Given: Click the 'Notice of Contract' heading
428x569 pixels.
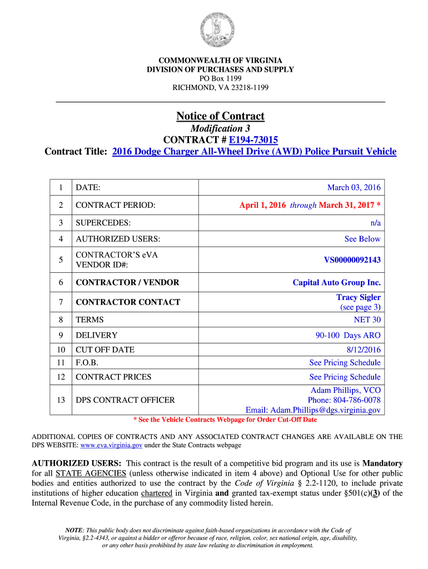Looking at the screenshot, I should click(x=220, y=116).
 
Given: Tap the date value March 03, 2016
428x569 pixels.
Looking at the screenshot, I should click(x=354, y=188).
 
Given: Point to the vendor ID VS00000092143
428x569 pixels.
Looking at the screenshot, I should click(x=352, y=259).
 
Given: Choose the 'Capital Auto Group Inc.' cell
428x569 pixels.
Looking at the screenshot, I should click(x=337, y=283).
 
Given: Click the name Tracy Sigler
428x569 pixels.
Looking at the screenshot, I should click(x=358, y=297).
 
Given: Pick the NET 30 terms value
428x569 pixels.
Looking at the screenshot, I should click(x=367, y=320).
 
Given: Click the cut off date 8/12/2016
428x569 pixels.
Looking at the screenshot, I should click(x=364, y=350).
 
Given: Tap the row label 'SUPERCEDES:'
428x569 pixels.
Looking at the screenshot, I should click(x=103, y=223).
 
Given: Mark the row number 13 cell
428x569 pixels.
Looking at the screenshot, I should click(x=61, y=400).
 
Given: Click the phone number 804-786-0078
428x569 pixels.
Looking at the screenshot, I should click(x=357, y=400).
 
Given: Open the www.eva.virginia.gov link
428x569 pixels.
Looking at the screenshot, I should click(x=112, y=446).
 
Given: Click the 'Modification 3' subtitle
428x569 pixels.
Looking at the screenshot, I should click(x=220, y=129).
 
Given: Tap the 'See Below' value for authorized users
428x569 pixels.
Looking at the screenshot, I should click(x=362, y=239).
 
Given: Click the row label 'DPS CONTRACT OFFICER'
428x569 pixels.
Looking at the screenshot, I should click(x=125, y=400).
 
